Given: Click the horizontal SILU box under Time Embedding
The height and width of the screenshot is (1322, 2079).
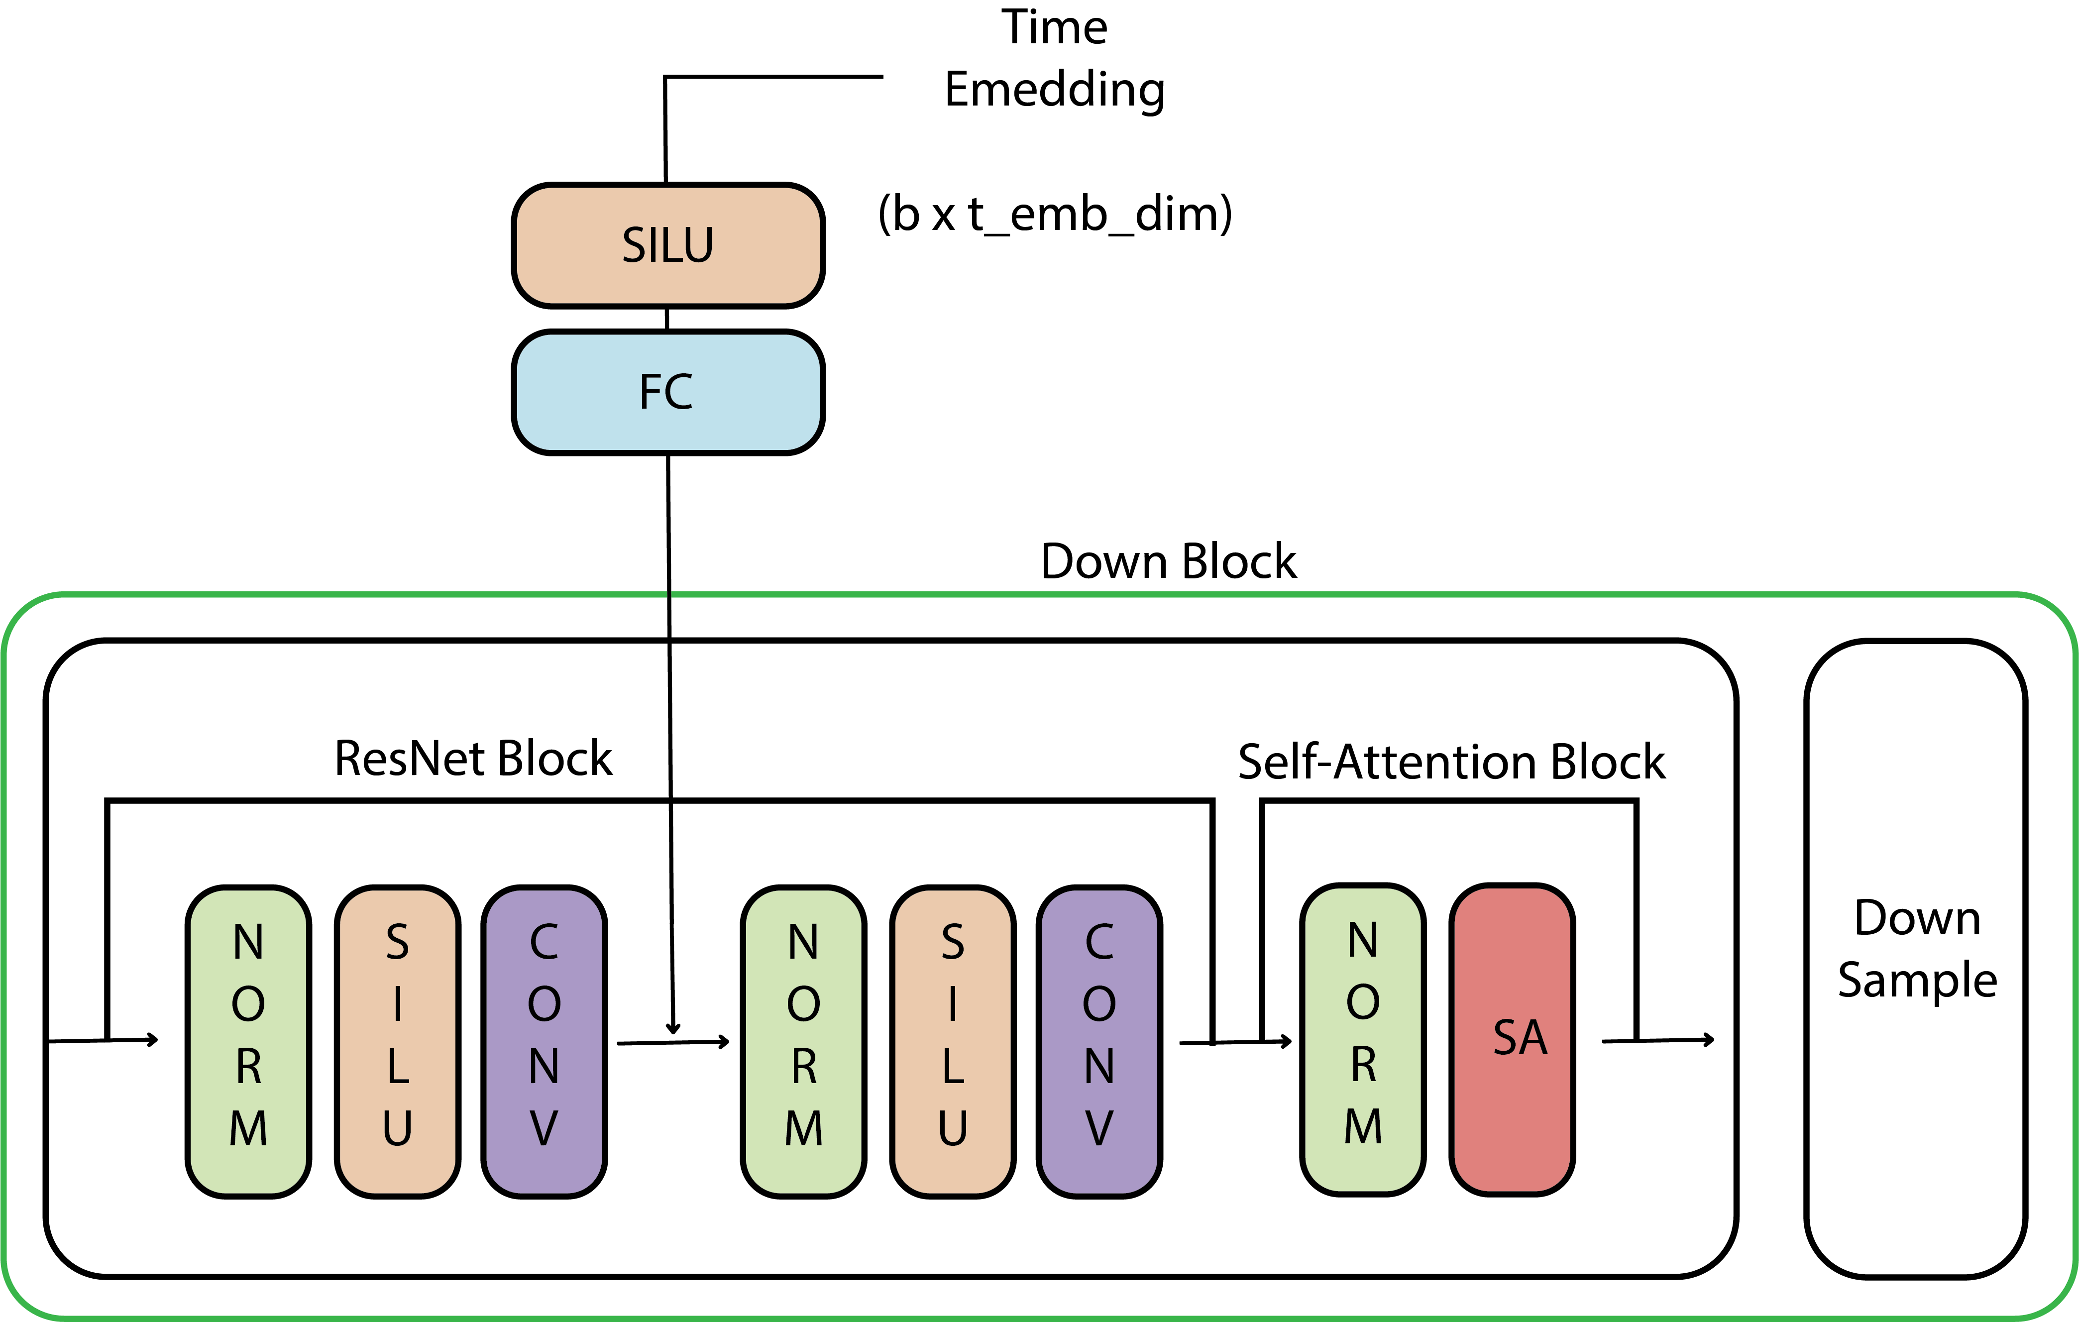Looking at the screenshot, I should [667, 245].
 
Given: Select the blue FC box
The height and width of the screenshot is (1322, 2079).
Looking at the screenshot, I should [667, 392].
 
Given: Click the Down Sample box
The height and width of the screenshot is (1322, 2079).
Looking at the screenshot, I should [1916, 959].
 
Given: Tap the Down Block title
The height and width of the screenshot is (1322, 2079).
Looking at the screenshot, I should [1168, 561].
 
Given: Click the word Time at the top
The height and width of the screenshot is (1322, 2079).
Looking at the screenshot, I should [1054, 28].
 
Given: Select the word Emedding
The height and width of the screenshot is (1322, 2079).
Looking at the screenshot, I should [1054, 90].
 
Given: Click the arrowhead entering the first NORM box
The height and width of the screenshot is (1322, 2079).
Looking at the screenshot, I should [154, 1040].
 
